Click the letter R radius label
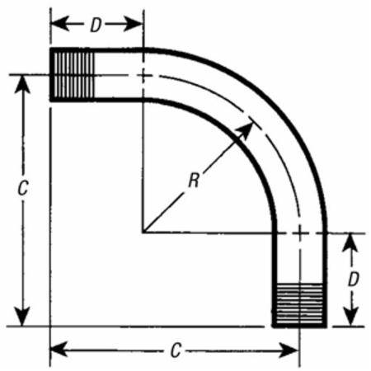pyautogui.click(x=194, y=181)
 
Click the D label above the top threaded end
pyautogui.click(x=96, y=25)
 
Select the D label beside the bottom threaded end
pyautogui.click(x=354, y=279)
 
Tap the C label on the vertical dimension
pyautogui.click(x=23, y=188)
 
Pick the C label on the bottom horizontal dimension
pyautogui.click(x=176, y=350)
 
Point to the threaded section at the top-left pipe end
pyautogui.click(x=73, y=75)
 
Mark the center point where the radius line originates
pyautogui.click(x=143, y=233)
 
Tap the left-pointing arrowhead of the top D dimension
pyautogui.click(x=60, y=24)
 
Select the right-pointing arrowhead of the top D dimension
pyautogui.click(x=133, y=24)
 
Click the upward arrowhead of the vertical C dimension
pyautogui.click(x=22, y=85)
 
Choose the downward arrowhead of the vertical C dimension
pyautogui.click(x=22, y=317)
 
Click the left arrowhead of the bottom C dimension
pyautogui.click(x=59, y=350)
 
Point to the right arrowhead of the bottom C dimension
pyautogui.click(x=289, y=350)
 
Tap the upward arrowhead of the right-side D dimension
pyautogui.click(x=350, y=243)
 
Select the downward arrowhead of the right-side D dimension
pyautogui.click(x=350, y=317)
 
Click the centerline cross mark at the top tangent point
pyautogui.click(x=143, y=75)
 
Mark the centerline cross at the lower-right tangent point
pyautogui.click(x=300, y=233)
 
